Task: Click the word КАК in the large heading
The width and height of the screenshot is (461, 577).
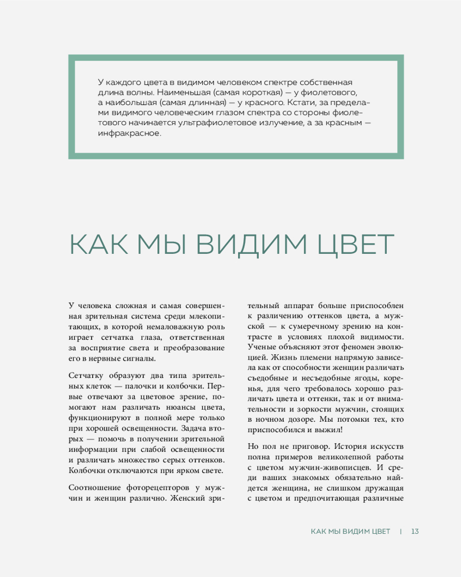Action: [99, 245]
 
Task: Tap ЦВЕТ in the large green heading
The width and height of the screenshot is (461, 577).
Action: [355, 245]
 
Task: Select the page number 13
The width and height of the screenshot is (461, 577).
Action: [415, 531]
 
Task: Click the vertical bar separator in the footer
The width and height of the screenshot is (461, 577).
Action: [400, 531]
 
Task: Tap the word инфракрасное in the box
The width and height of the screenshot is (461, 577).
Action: [129, 134]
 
